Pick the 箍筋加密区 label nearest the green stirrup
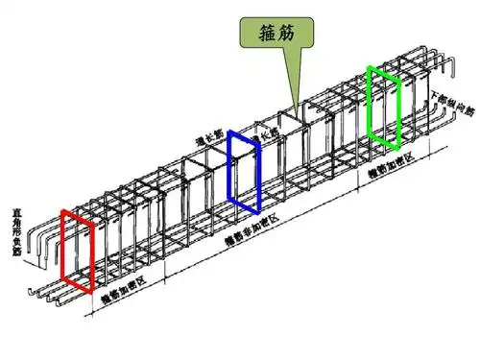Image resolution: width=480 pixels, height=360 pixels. click(x=394, y=164)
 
